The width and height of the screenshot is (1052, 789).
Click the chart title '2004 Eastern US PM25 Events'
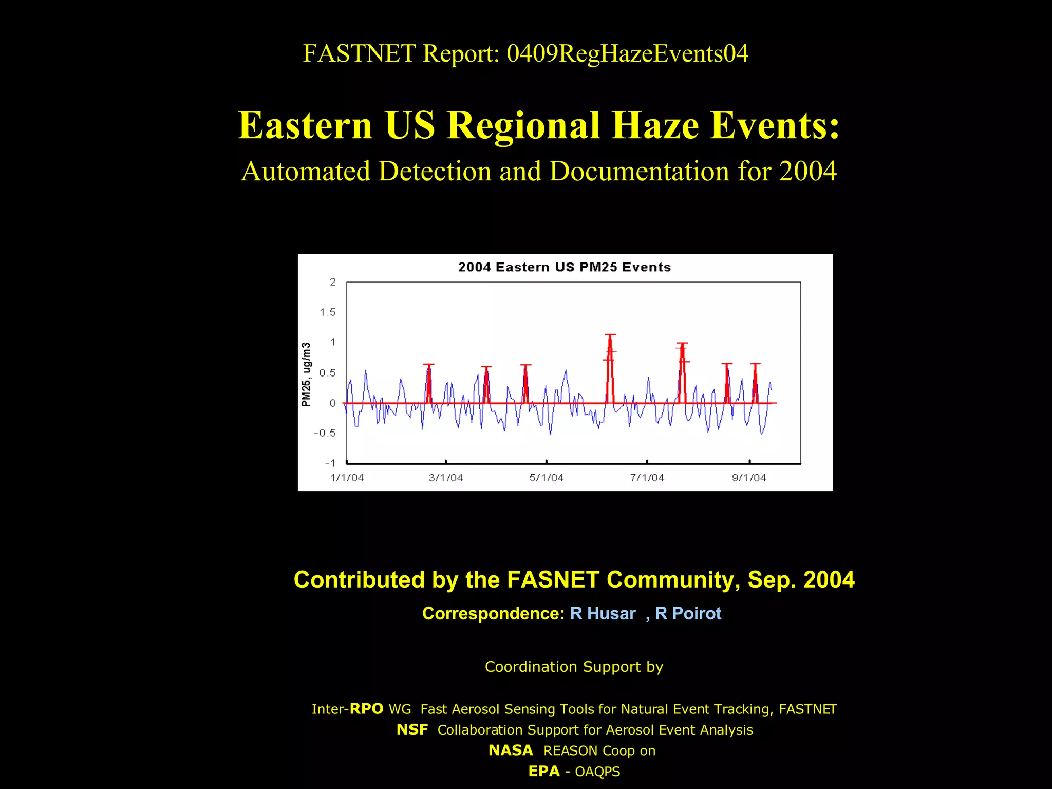click(x=564, y=267)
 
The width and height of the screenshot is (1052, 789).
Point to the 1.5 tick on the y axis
click(x=327, y=312)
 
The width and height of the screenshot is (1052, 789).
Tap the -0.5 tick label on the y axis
click(x=325, y=433)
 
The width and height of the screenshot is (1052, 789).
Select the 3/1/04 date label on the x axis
click(x=446, y=478)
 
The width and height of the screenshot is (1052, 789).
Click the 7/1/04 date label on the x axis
click(x=647, y=478)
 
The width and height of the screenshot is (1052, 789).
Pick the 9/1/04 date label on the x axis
click(x=749, y=478)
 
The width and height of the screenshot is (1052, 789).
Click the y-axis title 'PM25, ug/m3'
click(x=307, y=374)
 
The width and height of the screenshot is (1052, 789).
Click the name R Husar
click(x=603, y=613)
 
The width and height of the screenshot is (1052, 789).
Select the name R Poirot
click(x=688, y=613)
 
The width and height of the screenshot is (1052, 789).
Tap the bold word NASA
click(x=511, y=750)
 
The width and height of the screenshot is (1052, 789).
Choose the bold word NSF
click(x=412, y=729)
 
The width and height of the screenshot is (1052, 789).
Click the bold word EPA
click(x=543, y=772)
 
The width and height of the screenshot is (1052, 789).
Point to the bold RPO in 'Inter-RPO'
click(x=366, y=709)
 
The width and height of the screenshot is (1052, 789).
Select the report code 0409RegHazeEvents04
click(x=627, y=53)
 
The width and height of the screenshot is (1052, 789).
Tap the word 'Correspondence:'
click(x=493, y=613)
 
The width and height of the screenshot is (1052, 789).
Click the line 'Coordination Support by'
click(x=574, y=667)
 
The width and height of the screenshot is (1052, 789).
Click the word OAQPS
click(x=597, y=772)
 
